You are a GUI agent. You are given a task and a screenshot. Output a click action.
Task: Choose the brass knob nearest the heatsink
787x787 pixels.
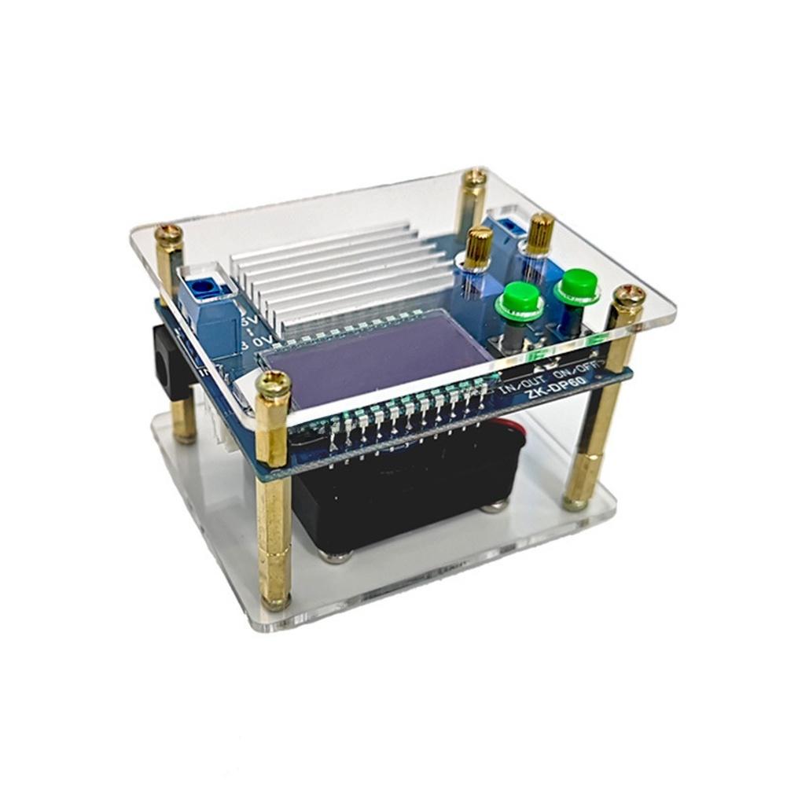click(x=479, y=245)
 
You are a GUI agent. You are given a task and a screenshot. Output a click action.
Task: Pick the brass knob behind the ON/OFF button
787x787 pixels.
click(x=540, y=232)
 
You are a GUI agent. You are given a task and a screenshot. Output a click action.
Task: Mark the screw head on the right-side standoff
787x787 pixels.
click(x=629, y=296)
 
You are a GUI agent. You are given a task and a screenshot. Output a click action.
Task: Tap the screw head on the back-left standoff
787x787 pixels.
click(x=168, y=234)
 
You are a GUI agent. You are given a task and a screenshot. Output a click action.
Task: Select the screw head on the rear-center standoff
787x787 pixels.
click(x=474, y=178)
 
